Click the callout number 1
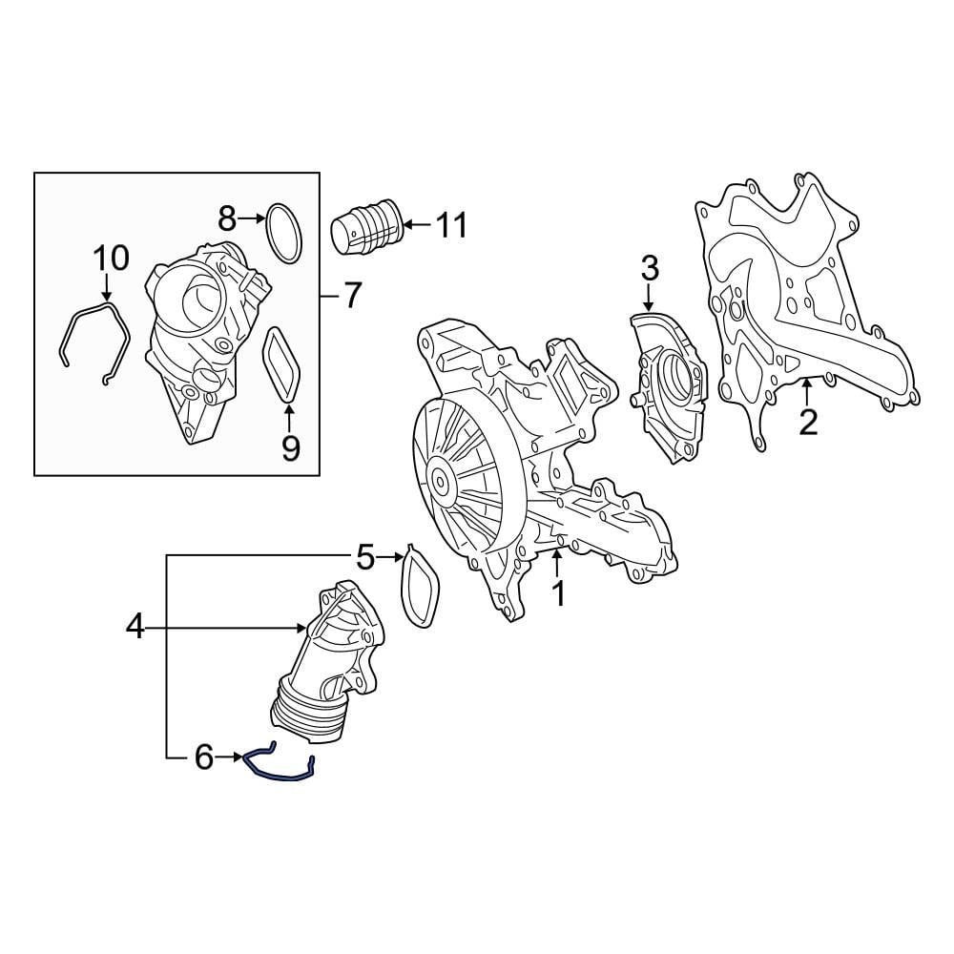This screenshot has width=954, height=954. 558,593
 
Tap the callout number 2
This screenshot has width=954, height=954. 808,422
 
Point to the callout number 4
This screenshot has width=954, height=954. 135,627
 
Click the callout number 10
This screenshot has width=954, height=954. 110,257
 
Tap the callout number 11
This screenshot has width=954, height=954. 451,226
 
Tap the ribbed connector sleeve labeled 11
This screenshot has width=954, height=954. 368,231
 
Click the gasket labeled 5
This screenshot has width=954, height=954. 419,587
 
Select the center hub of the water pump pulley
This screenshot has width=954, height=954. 440,481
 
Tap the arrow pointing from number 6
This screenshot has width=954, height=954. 230,758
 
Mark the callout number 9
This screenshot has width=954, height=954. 290,446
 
